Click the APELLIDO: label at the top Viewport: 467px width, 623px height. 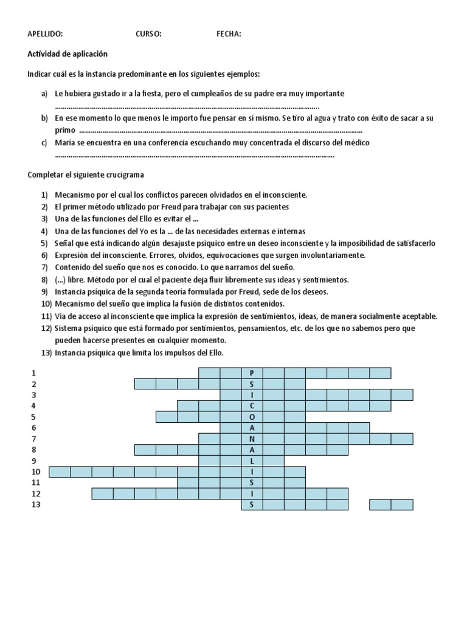(45, 34)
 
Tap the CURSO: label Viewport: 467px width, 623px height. (148, 34)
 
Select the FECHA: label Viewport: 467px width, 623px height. (229, 34)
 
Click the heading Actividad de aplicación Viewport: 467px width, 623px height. (67, 54)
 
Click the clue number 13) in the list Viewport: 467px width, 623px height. (47, 353)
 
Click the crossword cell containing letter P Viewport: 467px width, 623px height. (252, 373)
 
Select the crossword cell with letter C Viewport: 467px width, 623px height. (252, 406)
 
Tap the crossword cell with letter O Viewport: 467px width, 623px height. (252, 417)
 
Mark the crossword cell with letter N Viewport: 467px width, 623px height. (252, 439)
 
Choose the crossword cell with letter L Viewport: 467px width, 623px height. (252, 461)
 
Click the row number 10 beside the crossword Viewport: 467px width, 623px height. (35, 472)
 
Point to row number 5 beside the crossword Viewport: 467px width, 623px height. (34, 417)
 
